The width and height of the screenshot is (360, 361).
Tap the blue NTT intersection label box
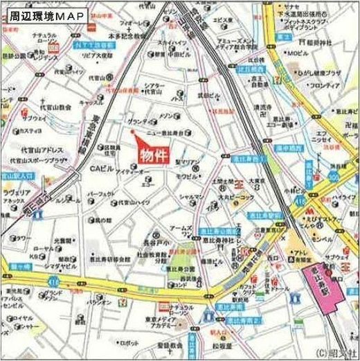91,43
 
